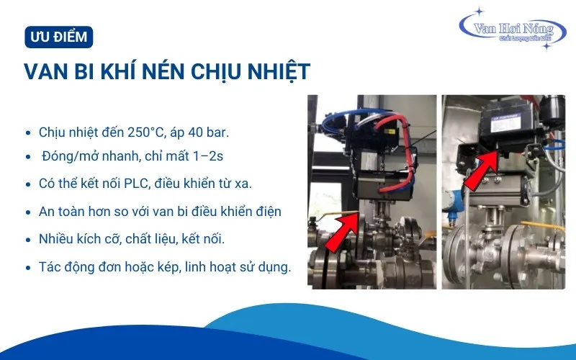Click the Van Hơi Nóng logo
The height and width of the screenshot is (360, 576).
pos(513,30)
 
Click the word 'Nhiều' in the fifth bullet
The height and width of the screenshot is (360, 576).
pos(55,239)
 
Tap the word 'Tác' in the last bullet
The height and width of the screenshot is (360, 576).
pos(50,266)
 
